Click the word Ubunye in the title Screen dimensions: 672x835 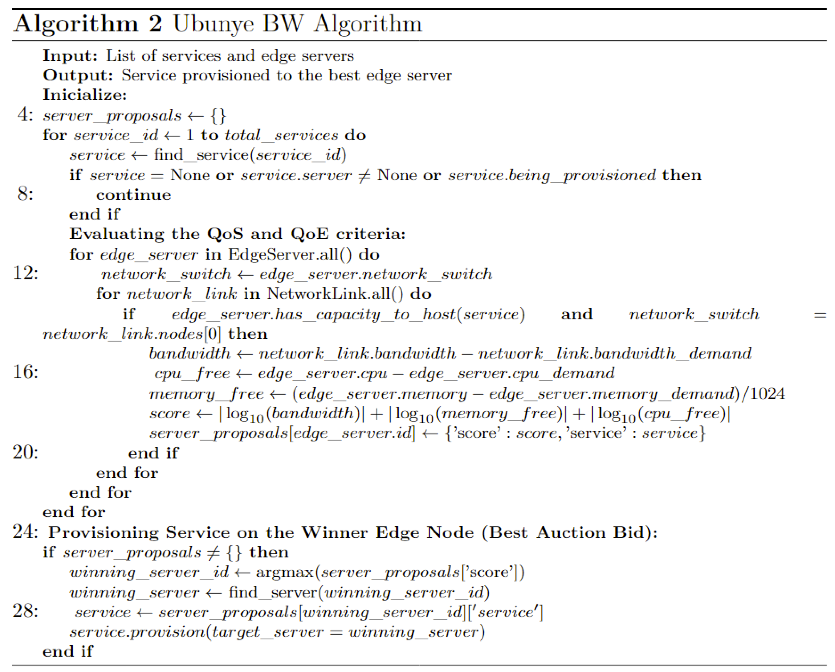(213, 24)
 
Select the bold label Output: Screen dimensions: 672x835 (78, 76)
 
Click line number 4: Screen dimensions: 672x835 (25, 115)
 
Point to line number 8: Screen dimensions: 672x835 (25, 194)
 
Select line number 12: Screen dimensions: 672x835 (25, 273)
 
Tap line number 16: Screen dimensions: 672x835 (25, 372)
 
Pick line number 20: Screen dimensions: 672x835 (25, 452)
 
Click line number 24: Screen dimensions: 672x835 (25, 532)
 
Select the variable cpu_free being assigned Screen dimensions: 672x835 (192, 373)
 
